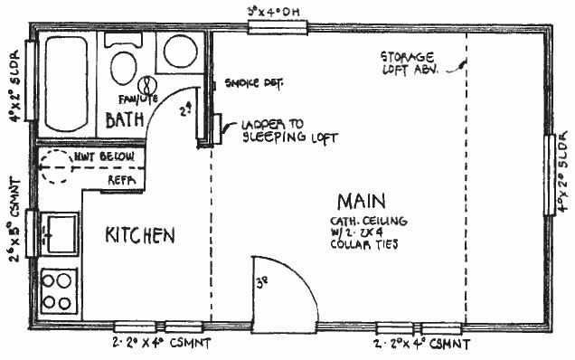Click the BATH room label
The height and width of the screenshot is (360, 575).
click(125, 120)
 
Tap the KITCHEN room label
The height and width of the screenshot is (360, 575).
click(140, 236)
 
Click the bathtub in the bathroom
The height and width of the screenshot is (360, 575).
click(64, 83)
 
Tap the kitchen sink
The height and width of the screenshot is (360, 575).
click(59, 232)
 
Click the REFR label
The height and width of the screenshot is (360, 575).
click(121, 180)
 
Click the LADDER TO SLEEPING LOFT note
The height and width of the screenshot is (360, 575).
click(288, 132)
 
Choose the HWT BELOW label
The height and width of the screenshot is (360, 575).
click(111, 157)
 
